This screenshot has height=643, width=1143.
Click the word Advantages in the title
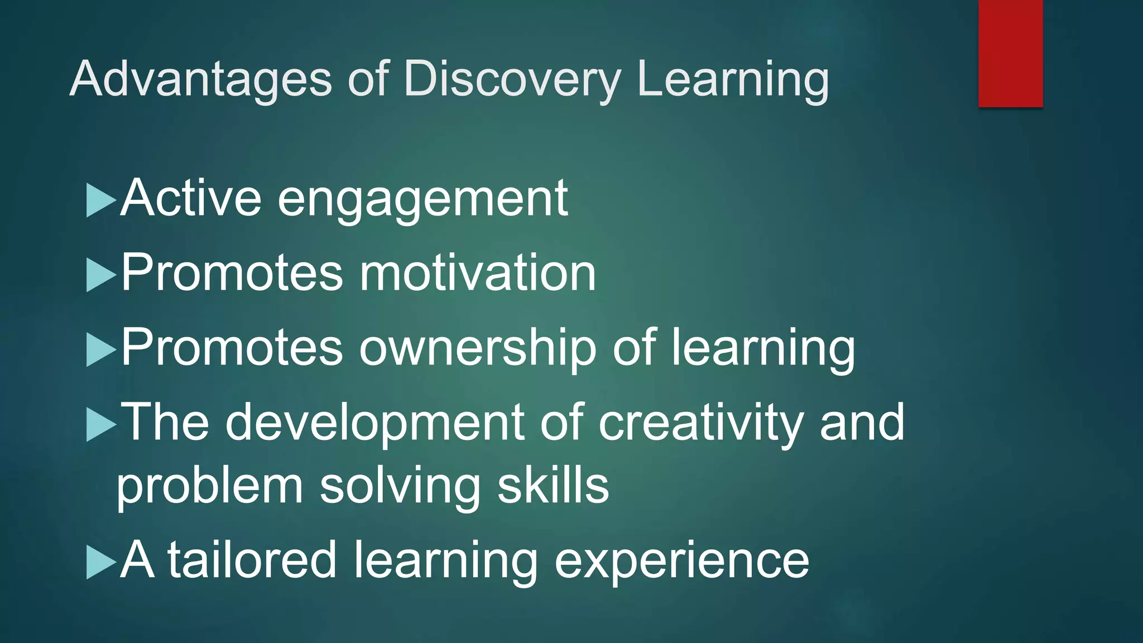click(201, 79)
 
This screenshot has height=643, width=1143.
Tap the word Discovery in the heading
click(512, 79)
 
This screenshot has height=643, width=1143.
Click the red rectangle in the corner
click(1010, 53)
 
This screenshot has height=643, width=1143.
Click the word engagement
click(422, 199)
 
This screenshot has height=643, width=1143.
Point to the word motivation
click(478, 273)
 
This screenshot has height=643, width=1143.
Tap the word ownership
click(478, 348)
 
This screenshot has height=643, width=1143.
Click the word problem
click(210, 486)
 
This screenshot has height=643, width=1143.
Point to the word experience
click(681, 562)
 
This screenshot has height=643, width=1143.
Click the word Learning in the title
click(732, 79)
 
